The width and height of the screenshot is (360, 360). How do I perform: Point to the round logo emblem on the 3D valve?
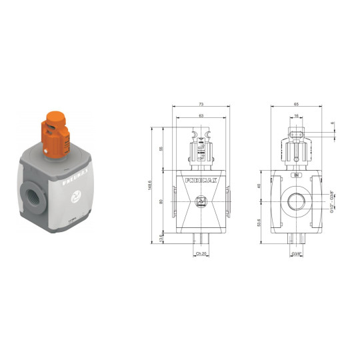coord(76,198)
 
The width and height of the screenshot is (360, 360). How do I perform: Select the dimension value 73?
coord(200,104)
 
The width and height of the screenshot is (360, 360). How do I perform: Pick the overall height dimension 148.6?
coord(151,184)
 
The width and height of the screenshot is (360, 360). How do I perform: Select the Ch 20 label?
coord(201,254)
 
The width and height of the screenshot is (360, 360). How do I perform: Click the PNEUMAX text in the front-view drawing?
coord(201,180)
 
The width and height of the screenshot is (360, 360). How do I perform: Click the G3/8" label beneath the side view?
coord(297,254)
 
